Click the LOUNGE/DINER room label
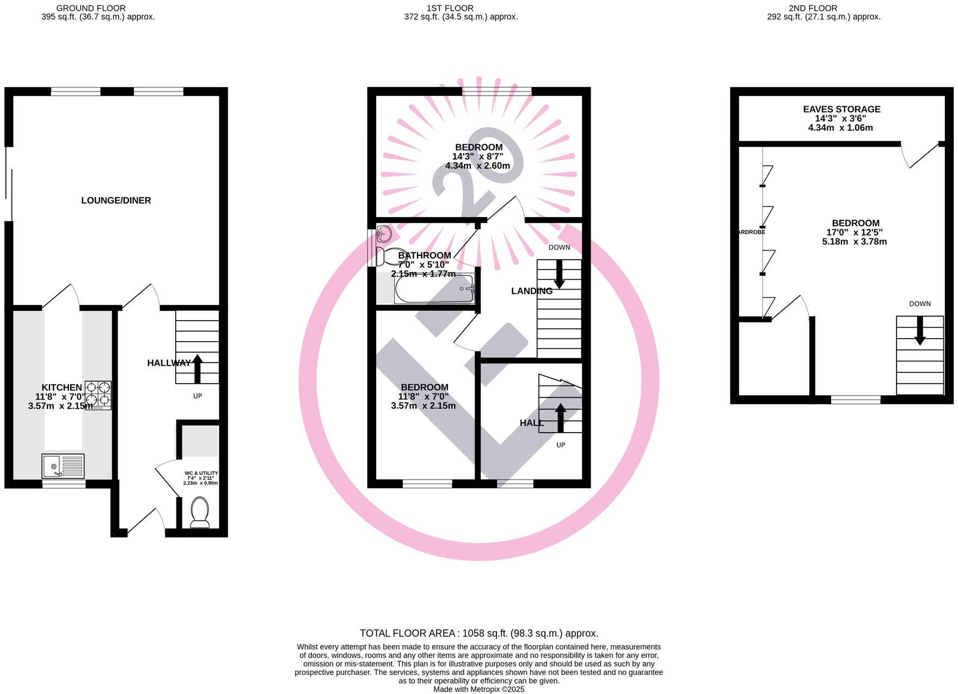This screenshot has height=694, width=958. [x=116, y=200]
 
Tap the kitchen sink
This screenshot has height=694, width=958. [x=64, y=466]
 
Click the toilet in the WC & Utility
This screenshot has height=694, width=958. [x=200, y=513]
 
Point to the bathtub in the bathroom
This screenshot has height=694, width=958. [x=434, y=289]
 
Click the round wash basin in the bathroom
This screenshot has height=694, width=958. [x=384, y=234]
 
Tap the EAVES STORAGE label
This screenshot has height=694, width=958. [x=842, y=109]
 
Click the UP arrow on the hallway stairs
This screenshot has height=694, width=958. [x=197, y=369]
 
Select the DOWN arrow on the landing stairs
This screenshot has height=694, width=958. [x=559, y=274]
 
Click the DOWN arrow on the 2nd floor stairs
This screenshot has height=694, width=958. [x=920, y=330]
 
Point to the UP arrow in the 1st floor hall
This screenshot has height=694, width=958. [x=560, y=417]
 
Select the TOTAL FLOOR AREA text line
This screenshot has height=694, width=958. [x=479, y=633]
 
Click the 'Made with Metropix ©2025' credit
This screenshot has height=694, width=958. [x=479, y=689]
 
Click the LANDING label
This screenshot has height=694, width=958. [x=531, y=291]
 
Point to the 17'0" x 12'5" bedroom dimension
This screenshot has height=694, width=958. [x=855, y=232]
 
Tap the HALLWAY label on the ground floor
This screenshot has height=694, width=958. [x=169, y=363]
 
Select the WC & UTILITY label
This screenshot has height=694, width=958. [x=201, y=474]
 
